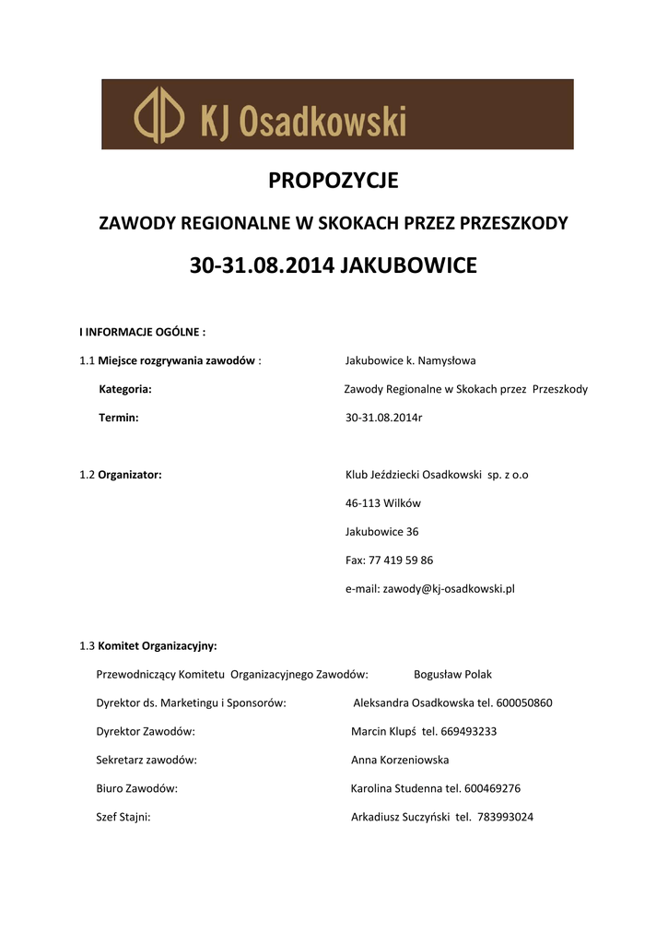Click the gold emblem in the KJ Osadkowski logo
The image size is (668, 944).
pyautogui.click(x=159, y=115)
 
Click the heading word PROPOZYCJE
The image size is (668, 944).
pyautogui.click(x=333, y=181)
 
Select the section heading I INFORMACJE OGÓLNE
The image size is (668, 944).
pyautogui.click(x=142, y=332)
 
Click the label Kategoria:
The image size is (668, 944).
pyautogui.click(x=125, y=389)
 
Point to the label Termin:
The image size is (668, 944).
pyautogui.click(x=119, y=418)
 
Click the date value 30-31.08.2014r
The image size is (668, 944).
pyautogui.click(x=383, y=418)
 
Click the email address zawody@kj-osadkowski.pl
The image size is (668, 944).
pyautogui.click(x=449, y=588)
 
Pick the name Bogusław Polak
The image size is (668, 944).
pyautogui.click(x=452, y=674)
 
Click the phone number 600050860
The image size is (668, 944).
pyautogui.click(x=524, y=702)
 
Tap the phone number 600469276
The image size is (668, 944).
pyautogui.click(x=493, y=788)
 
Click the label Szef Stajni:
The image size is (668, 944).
pyautogui.click(x=123, y=817)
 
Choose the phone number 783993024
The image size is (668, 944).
pyautogui.click(x=506, y=817)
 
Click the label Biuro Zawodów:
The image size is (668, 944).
pyautogui.click(x=137, y=788)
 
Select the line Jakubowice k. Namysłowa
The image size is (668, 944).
pyautogui.click(x=410, y=360)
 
